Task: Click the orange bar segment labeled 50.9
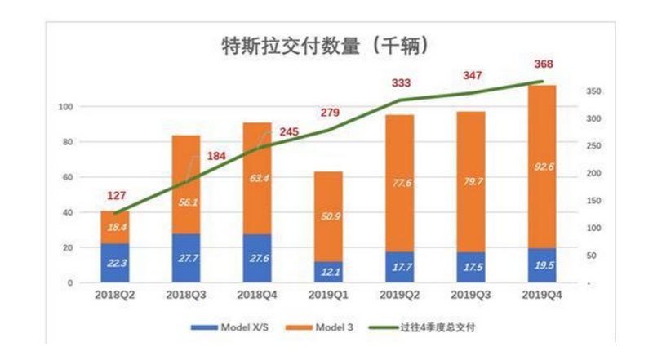[329, 216]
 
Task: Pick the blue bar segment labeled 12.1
[329, 272]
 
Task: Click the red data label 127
[115, 196]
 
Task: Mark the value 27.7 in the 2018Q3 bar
[186, 258]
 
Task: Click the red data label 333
[400, 82]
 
